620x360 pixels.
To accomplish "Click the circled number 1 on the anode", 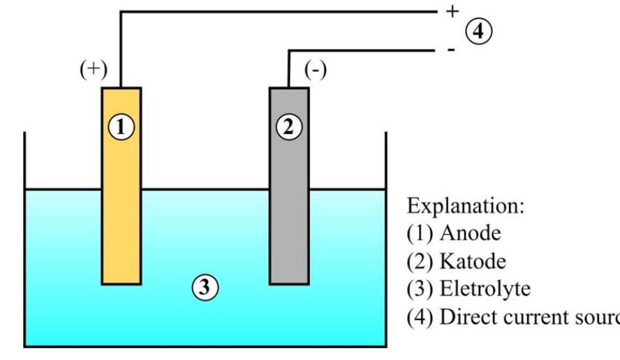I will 121,127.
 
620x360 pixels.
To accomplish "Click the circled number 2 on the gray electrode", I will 289,127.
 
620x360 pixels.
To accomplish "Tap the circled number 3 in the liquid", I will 205,287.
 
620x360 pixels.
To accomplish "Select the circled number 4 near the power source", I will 479,31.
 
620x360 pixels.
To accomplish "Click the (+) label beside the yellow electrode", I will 93,70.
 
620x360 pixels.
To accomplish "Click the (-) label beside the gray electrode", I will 316,70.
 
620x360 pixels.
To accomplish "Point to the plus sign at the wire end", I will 451,11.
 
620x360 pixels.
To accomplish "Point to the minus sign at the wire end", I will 451,50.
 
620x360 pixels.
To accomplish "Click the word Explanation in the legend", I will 464,207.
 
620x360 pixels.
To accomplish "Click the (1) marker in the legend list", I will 419,233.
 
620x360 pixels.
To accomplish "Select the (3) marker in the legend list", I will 419,289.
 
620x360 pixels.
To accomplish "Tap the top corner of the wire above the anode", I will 121,12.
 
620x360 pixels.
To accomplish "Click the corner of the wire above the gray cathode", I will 289,50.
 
